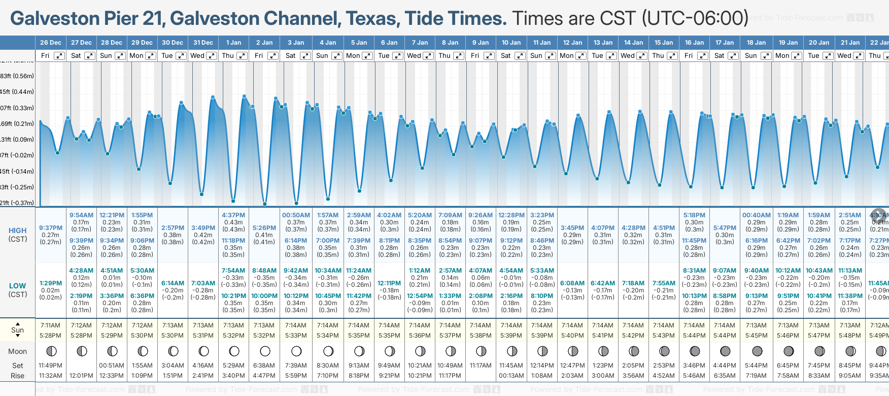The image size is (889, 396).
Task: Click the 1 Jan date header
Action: [234, 43]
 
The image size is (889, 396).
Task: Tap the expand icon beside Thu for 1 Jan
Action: [242, 56]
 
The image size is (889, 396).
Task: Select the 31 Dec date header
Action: [203, 43]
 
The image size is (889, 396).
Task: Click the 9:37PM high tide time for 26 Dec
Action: [51, 228]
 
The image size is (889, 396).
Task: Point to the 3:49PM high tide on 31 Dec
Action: [203, 228]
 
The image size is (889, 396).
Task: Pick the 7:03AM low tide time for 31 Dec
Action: [203, 283]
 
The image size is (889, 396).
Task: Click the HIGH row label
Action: [18, 230]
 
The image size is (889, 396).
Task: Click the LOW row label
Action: [18, 286]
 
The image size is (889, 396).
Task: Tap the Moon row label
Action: [18, 351]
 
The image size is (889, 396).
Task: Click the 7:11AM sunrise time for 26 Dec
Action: [51, 325]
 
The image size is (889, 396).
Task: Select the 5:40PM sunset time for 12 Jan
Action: [572, 336]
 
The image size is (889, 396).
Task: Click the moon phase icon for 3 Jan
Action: [296, 351]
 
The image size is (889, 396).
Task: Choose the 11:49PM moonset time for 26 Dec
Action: [51, 366]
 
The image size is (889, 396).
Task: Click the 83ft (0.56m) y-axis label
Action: [17, 76]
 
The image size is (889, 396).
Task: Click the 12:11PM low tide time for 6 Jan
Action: [389, 283]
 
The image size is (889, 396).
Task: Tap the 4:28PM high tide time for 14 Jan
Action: [634, 228]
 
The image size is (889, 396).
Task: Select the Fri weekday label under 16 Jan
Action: [689, 56]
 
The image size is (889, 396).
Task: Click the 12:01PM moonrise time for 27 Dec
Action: [81, 376]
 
